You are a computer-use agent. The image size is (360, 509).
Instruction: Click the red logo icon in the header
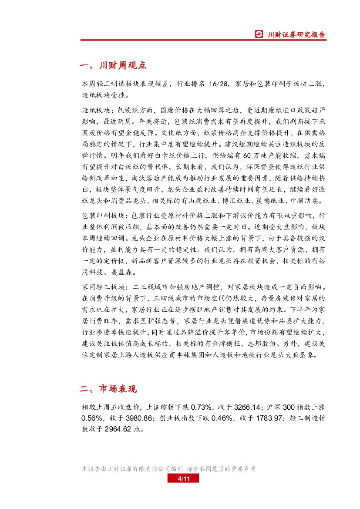pos(259,34)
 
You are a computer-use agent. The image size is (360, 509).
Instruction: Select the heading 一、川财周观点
pos(113,65)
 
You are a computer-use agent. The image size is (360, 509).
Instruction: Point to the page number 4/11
pos(183,479)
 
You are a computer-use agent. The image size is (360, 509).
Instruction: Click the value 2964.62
pos(118,429)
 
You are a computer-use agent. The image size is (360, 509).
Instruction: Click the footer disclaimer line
pos(169,469)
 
